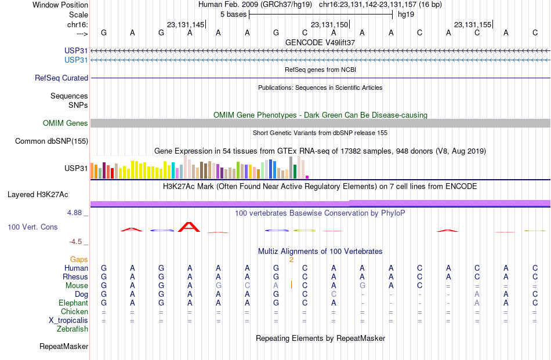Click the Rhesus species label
click(75, 277)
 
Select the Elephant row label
click(73, 303)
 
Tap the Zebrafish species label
click(72, 329)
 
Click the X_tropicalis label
click(68, 321)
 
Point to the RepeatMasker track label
click(64, 346)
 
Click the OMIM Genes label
click(66, 123)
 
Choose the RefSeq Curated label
click(61, 78)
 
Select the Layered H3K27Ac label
click(38, 195)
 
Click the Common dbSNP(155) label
click(52, 141)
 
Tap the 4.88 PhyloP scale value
click(74, 213)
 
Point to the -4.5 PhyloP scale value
click(75, 242)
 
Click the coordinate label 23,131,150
click(329, 24)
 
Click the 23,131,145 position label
click(186, 24)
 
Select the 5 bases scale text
click(233, 14)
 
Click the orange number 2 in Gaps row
click(291, 260)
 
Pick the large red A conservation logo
click(189, 227)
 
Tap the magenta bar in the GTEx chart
click(307, 177)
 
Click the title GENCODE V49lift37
click(320, 42)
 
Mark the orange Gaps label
click(79, 260)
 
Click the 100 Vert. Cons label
click(32, 227)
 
